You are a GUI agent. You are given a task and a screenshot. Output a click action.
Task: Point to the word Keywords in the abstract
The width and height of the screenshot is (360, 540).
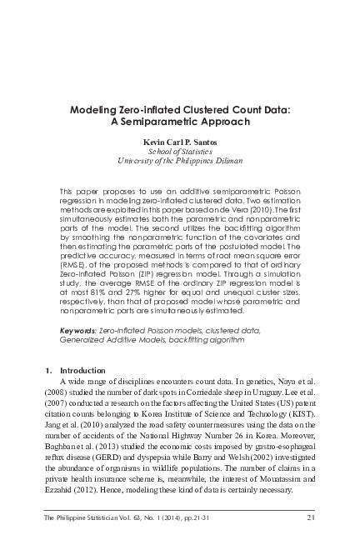coord(77,330)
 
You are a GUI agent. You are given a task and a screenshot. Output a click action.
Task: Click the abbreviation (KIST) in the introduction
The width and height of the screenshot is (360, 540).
coord(299,408)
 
